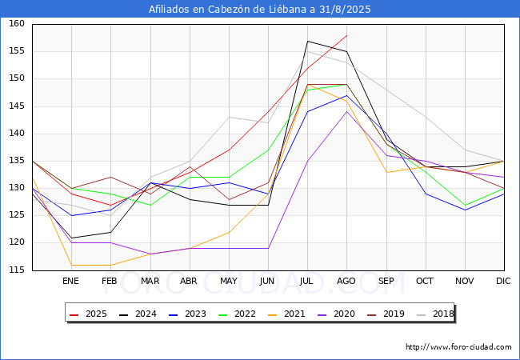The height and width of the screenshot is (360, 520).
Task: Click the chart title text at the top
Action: (x=260, y=9)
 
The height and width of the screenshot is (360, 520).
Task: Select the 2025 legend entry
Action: (x=88, y=314)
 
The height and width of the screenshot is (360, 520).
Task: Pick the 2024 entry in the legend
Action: (x=138, y=314)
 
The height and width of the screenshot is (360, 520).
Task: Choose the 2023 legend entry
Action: (x=187, y=314)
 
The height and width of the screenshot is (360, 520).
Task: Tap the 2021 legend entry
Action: (x=286, y=314)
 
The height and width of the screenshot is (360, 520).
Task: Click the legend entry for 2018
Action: (x=435, y=314)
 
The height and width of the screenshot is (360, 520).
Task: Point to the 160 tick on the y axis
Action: (x=17, y=23)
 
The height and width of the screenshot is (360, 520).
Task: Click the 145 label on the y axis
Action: (x=17, y=106)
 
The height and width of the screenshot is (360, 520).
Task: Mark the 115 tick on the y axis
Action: (x=17, y=270)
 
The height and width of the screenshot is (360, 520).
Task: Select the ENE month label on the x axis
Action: (x=70, y=281)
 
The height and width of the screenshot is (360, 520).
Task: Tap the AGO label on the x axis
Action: (x=346, y=281)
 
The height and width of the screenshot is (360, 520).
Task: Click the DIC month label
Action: (x=503, y=281)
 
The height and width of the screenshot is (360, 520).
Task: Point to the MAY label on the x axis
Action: (x=229, y=281)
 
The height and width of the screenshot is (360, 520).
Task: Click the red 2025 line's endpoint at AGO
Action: (x=347, y=35)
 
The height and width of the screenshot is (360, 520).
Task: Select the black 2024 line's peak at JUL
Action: (x=308, y=41)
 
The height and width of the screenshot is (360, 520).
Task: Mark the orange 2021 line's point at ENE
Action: (x=72, y=265)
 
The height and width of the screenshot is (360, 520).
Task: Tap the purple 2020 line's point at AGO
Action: (x=347, y=111)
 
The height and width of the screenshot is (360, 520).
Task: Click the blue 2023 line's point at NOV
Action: (x=466, y=210)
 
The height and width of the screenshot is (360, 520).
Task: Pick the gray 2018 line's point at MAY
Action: (x=229, y=117)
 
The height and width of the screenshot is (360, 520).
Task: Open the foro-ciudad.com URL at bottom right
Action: (x=458, y=347)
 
